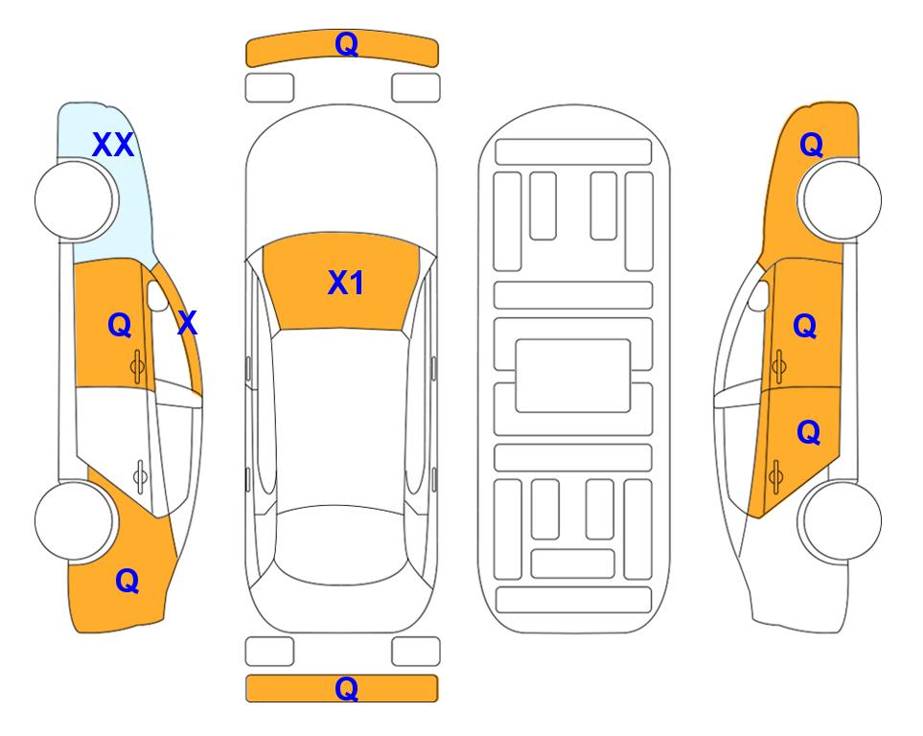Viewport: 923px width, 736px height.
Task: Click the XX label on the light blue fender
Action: [x=113, y=145]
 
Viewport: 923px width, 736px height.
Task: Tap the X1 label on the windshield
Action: [x=346, y=283]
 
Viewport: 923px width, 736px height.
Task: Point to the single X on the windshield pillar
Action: [x=187, y=323]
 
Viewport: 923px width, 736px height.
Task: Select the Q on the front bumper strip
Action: [x=346, y=44]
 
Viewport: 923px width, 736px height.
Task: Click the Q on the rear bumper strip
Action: [x=346, y=688]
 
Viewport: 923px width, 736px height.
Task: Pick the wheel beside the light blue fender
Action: [x=75, y=200]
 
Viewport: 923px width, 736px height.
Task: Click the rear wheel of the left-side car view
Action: [x=75, y=520]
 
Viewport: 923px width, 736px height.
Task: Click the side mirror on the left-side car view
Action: [x=157, y=295]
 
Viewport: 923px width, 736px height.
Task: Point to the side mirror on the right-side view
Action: [x=759, y=295]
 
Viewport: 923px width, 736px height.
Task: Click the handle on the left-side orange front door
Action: [x=138, y=366]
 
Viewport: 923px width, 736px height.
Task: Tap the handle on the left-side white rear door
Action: [x=141, y=475]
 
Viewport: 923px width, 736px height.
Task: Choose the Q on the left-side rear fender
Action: [x=127, y=581]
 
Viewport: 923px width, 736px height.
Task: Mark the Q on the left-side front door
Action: [x=120, y=325]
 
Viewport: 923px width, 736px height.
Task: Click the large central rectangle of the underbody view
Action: [x=573, y=376]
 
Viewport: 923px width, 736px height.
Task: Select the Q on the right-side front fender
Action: [x=811, y=145]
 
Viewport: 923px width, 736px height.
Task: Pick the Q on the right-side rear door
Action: [x=808, y=433]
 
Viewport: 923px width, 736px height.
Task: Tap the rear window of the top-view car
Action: [x=341, y=544]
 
